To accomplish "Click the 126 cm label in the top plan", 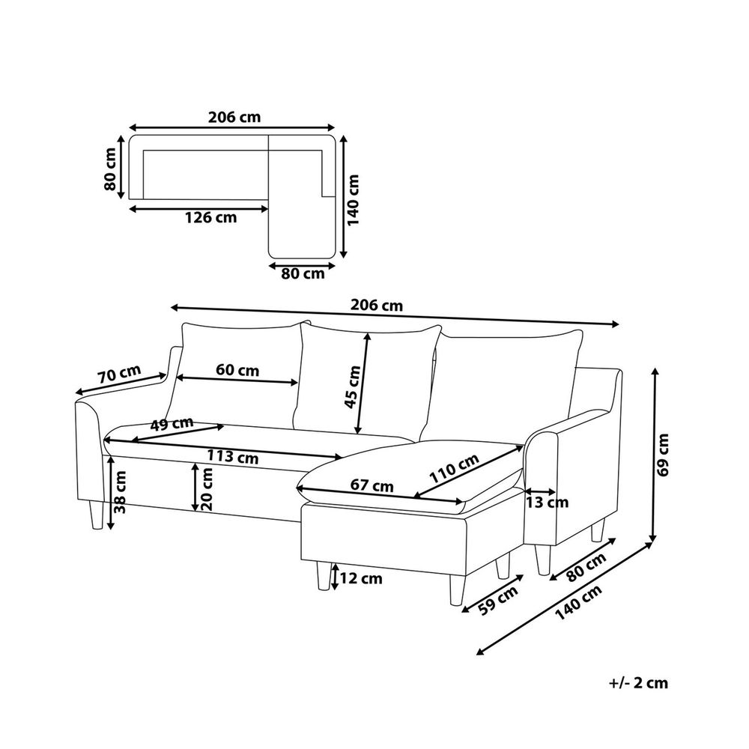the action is point(210,218).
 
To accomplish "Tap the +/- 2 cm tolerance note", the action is point(638,683).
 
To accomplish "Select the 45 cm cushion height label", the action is point(353,387).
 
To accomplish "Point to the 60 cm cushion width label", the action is point(237,370).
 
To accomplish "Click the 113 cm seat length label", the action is point(233,457).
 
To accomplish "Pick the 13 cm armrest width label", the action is point(547,502).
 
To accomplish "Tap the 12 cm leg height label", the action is point(362,578).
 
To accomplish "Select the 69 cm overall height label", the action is point(663,455).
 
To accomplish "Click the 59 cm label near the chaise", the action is point(498,600).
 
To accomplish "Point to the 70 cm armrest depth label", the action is point(120,374).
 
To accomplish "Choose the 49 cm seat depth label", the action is point(172,424).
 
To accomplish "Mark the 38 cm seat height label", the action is point(121,492).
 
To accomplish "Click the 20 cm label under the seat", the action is point(207,488).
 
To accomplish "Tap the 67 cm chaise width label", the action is point(372,485).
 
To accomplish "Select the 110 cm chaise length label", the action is point(454,469).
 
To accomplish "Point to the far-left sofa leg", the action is point(96,515).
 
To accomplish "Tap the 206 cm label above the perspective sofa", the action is point(377,305).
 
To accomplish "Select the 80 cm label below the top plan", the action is point(303,273).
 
